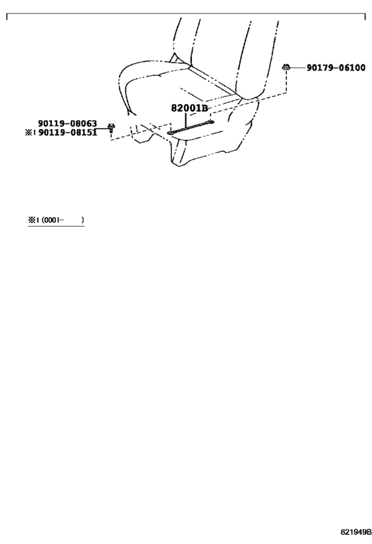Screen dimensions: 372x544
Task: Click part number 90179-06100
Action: pyautogui.click(x=336, y=68)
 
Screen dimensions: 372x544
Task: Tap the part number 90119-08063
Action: pyautogui.click(x=67, y=124)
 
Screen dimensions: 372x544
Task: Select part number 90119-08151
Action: pyautogui.click(x=67, y=133)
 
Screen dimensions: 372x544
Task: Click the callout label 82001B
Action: pyautogui.click(x=189, y=108)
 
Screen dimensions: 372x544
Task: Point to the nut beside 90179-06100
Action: pyautogui.click(x=286, y=67)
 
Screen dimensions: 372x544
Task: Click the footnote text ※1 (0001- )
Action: pyautogui.click(x=56, y=220)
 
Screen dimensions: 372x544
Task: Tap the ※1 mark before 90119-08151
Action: pyautogui.click(x=30, y=133)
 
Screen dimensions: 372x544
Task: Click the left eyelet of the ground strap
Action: pyautogui.click(x=170, y=133)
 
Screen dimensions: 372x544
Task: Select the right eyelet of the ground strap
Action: pyautogui.click(x=211, y=122)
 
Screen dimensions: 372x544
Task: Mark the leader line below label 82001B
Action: pyautogui.click(x=186, y=120)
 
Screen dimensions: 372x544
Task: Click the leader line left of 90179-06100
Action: pyautogui.click(x=298, y=68)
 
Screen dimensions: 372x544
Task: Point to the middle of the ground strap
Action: pyautogui.click(x=191, y=128)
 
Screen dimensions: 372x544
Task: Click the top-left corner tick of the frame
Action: pyautogui.click(x=7, y=14)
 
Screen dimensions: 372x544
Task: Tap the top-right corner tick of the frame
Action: pyautogui.click(x=365, y=14)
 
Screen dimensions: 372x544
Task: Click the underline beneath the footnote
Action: pyautogui.click(x=56, y=226)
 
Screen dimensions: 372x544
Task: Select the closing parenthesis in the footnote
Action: pyautogui.click(x=82, y=220)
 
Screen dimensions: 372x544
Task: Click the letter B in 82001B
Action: pyautogui.click(x=205, y=108)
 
